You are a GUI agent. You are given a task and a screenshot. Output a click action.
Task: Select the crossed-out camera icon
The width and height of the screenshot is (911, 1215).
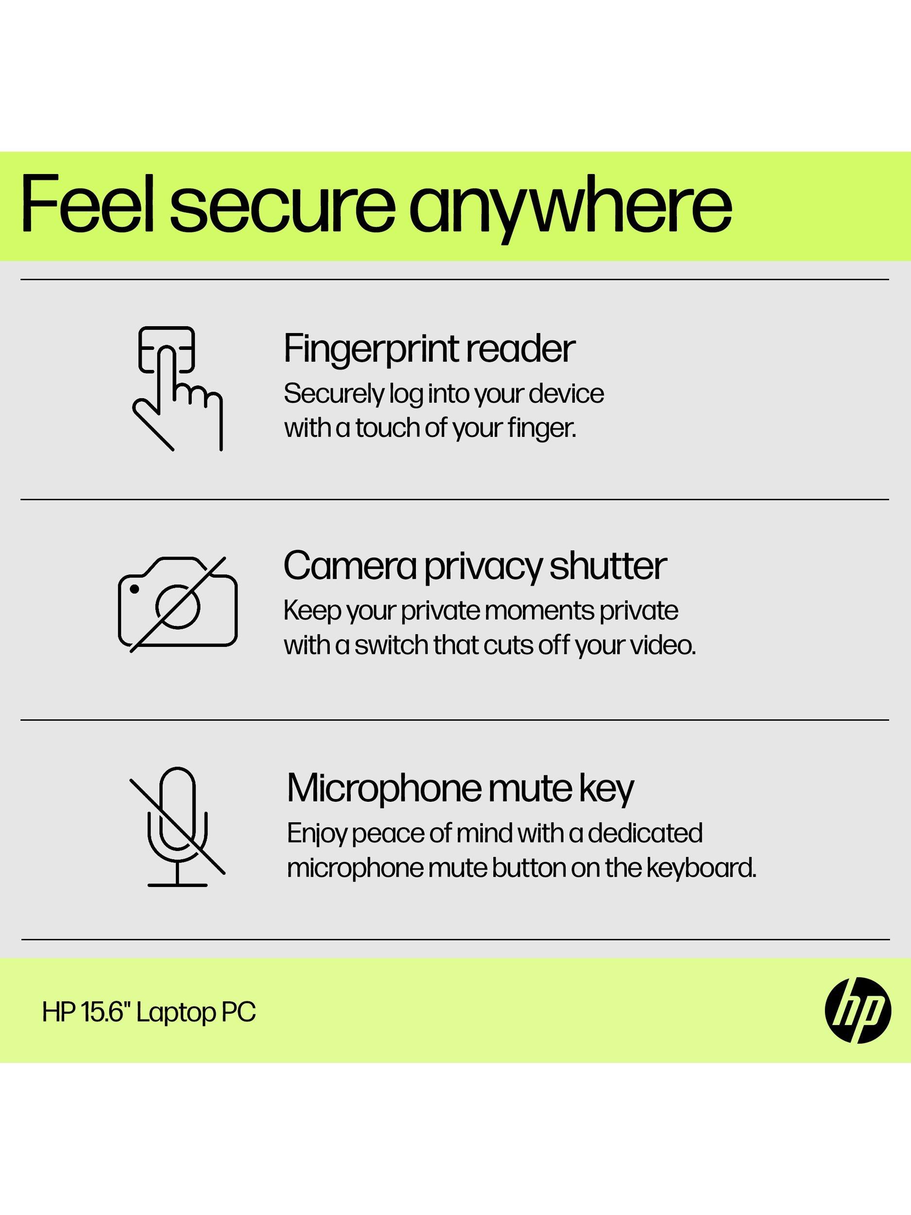pyautogui.click(x=178, y=604)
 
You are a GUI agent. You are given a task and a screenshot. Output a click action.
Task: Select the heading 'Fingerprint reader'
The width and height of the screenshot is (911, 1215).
pyautogui.click(x=430, y=349)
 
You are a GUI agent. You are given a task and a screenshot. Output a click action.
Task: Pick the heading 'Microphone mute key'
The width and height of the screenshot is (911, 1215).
pyautogui.click(x=460, y=789)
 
